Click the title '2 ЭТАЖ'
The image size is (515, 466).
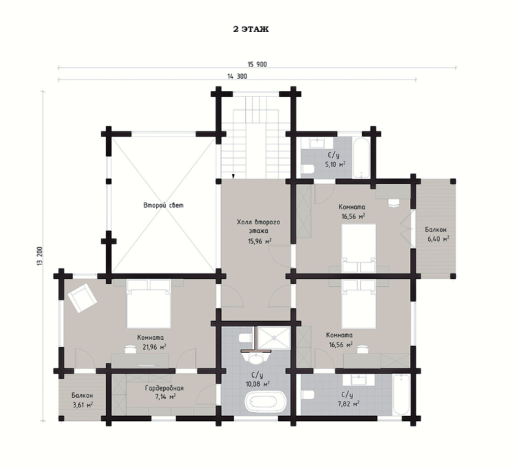(x=251, y=29)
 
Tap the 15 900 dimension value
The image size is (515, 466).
(x=257, y=64)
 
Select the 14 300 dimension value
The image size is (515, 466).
(x=237, y=77)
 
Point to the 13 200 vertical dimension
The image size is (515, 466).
(x=40, y=255)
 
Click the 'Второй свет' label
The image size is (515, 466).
(x=164, y=205)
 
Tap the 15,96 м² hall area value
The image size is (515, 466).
(x=260, y=241)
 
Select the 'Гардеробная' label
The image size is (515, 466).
(x=164, y=388)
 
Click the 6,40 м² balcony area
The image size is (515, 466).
(x=438, y=239)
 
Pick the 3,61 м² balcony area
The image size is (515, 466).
(x=82, y=405)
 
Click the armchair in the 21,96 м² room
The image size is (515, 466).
(x=82, y=297)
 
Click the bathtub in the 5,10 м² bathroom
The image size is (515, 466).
(x=361, y=158)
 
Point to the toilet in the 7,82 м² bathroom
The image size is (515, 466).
(x=308, y=395)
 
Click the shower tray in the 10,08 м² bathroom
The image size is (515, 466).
(x=274, y=338)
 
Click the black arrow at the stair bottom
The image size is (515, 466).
(x=233, y=176)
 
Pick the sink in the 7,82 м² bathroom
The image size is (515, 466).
(x=359, y=380)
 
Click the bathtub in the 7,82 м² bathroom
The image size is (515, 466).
(x=401, y=395)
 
